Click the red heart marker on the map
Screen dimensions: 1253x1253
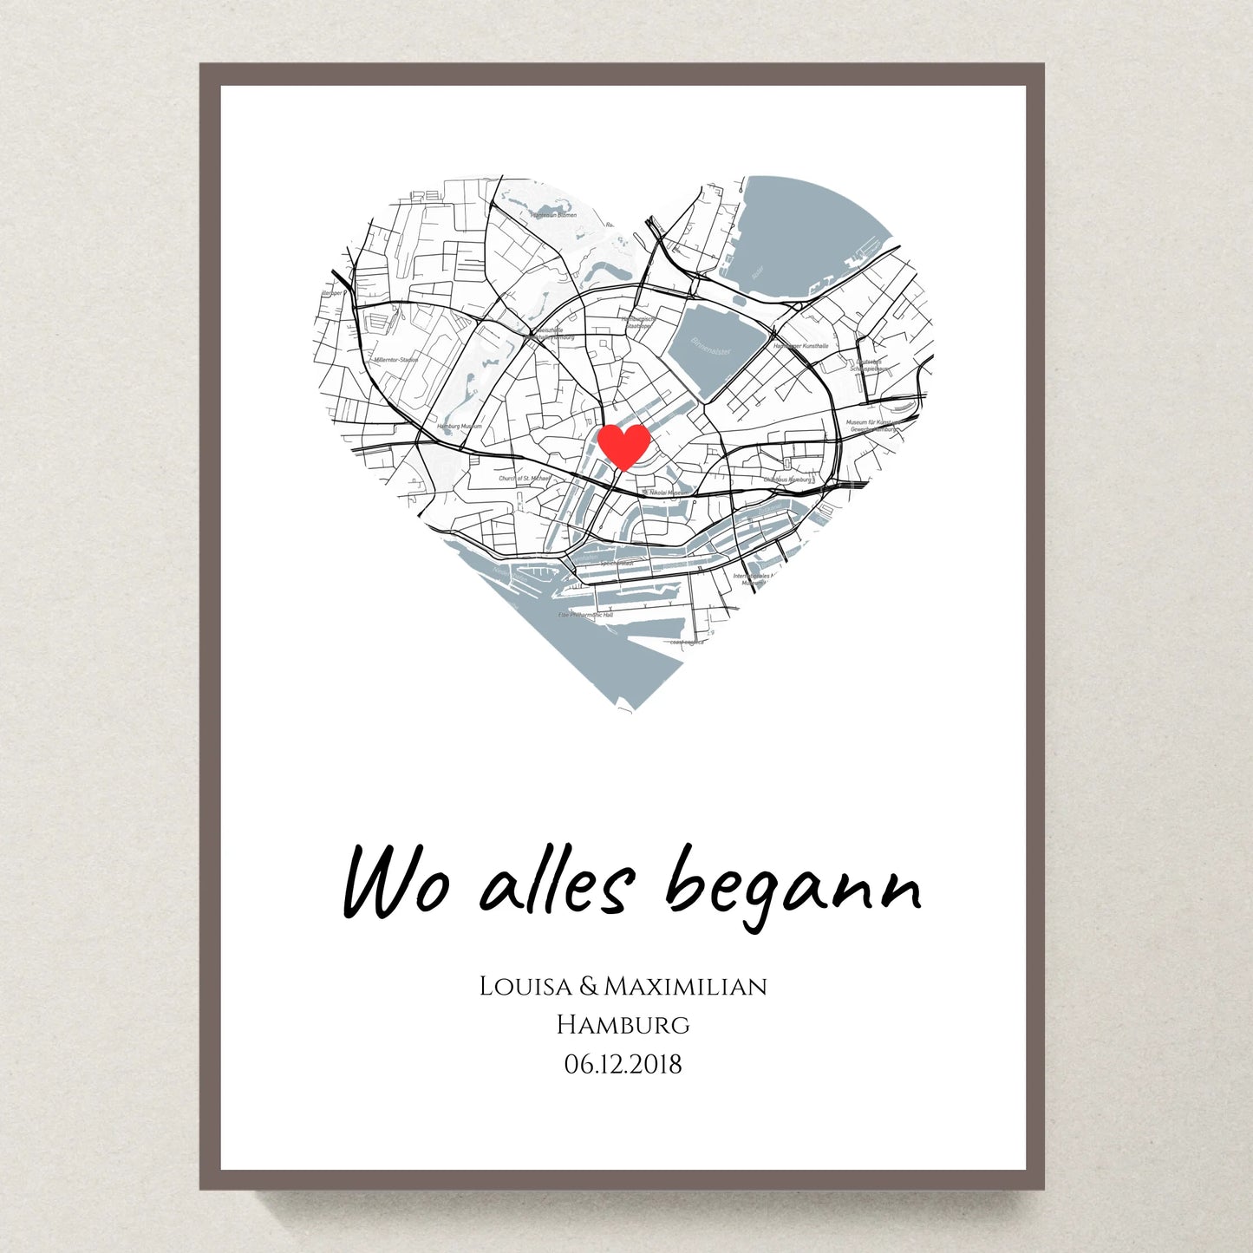click(623, 446)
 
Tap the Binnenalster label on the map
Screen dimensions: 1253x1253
click(711, 347)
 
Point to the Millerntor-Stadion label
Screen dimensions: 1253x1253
click(396, 359)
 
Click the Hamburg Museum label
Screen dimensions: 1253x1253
click(460, 427)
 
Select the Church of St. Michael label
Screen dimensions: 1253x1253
click(524, 478)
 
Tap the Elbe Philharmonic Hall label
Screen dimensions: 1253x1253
click(585, 614)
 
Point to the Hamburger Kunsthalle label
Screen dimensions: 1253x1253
click(801, 346)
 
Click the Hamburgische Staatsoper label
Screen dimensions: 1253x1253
click(638, 323)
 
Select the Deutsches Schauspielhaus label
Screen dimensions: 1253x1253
click(870, 365)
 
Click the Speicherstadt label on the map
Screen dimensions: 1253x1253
click(617, 564)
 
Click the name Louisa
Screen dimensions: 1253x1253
click(525, 986)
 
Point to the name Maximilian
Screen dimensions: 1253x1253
click(685, 986)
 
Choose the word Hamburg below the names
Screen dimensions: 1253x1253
click(623, 1024)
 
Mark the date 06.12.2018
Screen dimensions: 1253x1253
click(623, 1064)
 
